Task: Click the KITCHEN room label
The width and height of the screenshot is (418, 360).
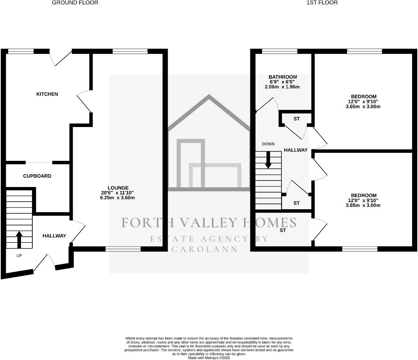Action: click(47, 94)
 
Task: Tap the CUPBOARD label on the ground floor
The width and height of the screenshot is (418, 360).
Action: click(37, 176)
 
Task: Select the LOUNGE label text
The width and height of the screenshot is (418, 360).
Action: click(118, 188)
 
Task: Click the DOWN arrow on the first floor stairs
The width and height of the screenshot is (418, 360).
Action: click(268, 160)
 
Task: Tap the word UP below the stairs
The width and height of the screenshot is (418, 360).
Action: click(19, 256)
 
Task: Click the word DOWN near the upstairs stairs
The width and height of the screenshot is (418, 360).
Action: click(268, 144)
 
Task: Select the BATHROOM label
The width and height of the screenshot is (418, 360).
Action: click(283, 77)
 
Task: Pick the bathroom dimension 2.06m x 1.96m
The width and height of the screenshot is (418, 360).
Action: click(283, 87)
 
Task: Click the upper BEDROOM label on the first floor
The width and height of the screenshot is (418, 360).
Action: click(363, 97)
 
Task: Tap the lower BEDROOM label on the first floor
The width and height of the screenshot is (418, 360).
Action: click(363, 196)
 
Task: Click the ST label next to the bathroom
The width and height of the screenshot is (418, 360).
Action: click(296, 118)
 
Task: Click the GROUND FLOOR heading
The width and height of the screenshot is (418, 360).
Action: click(75, 3)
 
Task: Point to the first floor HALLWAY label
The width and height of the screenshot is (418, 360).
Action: click(296, 150)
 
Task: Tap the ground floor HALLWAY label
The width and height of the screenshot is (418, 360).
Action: click(54, 236)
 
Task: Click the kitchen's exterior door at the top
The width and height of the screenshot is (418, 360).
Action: click(60, 58)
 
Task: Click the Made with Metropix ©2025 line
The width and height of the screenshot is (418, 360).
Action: click(209, 358)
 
